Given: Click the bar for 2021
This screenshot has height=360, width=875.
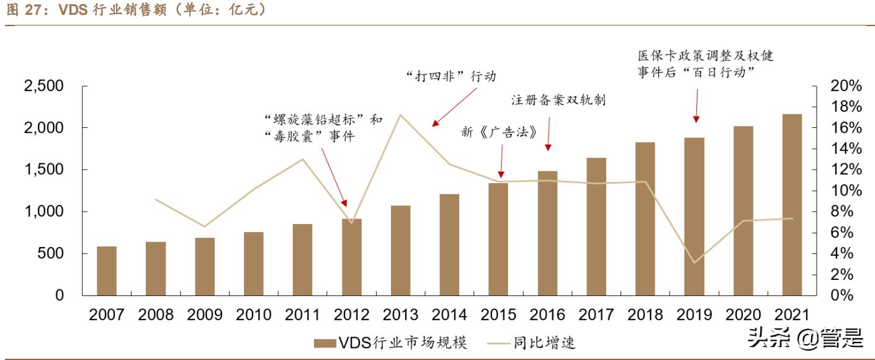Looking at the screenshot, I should coord(792,205).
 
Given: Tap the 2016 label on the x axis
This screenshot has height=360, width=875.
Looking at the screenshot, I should coord(547,315).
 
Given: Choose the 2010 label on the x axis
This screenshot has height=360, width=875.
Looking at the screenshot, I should coord(253,315).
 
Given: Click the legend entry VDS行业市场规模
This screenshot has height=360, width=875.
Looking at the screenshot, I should coord(390,342).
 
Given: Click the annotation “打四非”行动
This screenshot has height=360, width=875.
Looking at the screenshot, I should coord(451,76).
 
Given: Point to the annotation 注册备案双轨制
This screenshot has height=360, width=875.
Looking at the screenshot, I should coord(558,101).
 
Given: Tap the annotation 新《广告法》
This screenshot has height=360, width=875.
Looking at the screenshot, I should coord(498,132).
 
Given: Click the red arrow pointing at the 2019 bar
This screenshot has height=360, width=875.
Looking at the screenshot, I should coord(696,106).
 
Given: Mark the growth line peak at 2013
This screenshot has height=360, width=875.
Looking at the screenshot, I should coord(400,115).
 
